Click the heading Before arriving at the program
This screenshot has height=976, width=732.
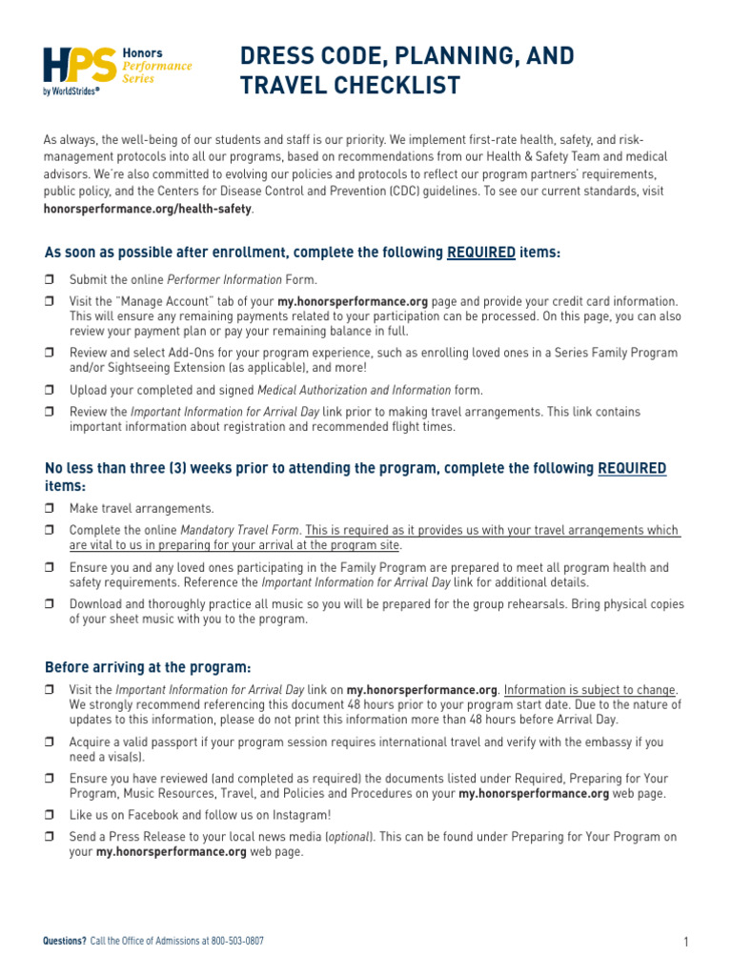click(148, 666)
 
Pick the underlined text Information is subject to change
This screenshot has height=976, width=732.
click(590, 690)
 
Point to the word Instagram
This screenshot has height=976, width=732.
click(299, 815)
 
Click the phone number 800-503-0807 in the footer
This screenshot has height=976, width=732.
click(237, 941)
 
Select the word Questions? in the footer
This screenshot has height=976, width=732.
click(65, 941)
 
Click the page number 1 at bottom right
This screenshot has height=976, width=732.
click(685, 943)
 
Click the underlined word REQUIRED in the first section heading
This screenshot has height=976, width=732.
click(481, 254)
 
